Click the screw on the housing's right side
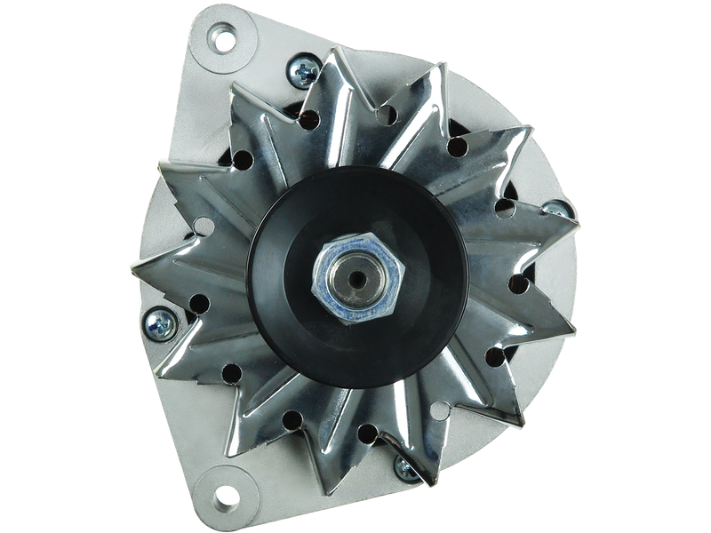click(x=556, y=210)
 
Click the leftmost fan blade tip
click(x=134, y=267)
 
